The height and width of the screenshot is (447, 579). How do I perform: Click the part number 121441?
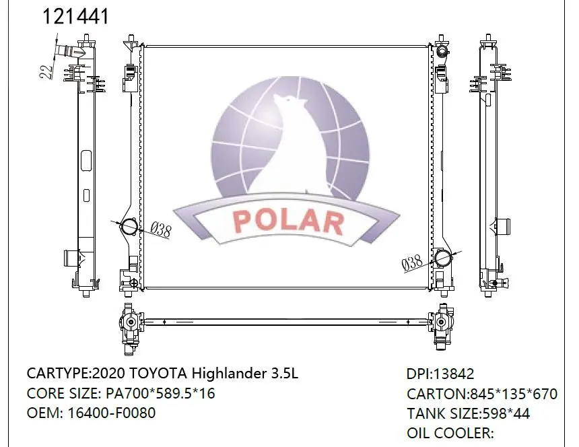coord(75,17)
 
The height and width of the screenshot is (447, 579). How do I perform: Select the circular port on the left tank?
coord(128,228)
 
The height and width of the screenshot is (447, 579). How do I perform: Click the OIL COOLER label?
coord(450,434)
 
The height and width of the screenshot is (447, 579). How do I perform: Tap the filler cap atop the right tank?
coord(442,53)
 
